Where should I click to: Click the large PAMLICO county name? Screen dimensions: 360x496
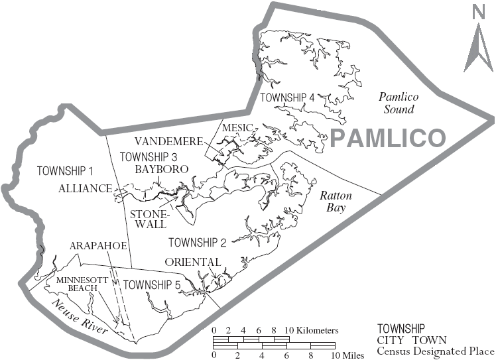point(387,139)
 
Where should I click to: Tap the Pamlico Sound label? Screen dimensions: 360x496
point(396,103)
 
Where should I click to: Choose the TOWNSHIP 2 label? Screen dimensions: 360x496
point(198,241)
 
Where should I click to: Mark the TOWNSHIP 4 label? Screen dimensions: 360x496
point(286,97)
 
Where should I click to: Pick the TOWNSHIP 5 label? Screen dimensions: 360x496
point(152,286)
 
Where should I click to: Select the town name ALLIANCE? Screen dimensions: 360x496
point(85,188)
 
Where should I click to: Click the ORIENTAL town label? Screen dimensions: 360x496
point(193,262)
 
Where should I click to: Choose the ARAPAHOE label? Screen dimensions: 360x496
point(97,246)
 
